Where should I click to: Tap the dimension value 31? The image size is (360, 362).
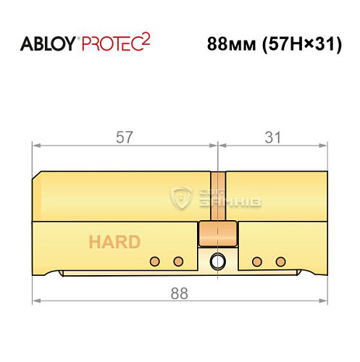click(x=272, y=138)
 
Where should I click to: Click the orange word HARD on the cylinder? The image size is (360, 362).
click(x=114, y=243)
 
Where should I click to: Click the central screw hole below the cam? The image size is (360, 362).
click(x=218, y=261)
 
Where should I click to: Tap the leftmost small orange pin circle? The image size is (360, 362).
click(x=154, y=261)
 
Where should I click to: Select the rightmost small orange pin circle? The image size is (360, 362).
click(x=279, y=261)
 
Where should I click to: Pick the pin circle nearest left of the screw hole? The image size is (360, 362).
click(x=177, y=261)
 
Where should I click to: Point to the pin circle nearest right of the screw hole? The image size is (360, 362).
click(x=255, y=261)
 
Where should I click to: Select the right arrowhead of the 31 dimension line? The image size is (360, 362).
click(x=324, y=146)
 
